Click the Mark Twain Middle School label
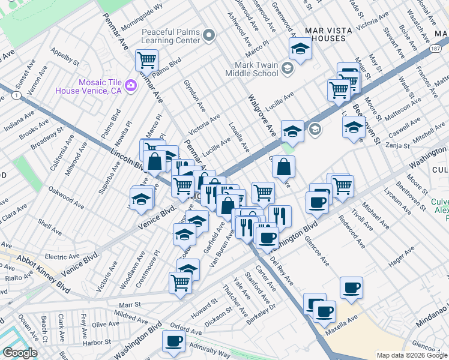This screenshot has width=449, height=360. (252, 68)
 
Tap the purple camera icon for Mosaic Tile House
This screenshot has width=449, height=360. (130, 87)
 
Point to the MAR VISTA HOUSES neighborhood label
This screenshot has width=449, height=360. (325, 34)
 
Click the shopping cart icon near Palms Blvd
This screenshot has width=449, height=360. (146, 60)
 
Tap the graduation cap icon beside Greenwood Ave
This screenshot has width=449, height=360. (300, 47)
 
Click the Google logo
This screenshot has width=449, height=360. (20, 352)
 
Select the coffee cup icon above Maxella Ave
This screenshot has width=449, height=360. (324, 311)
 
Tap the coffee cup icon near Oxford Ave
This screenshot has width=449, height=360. (174, 341)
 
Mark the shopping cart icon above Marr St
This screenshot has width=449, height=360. (180, 283)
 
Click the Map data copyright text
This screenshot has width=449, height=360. (412, 355)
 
